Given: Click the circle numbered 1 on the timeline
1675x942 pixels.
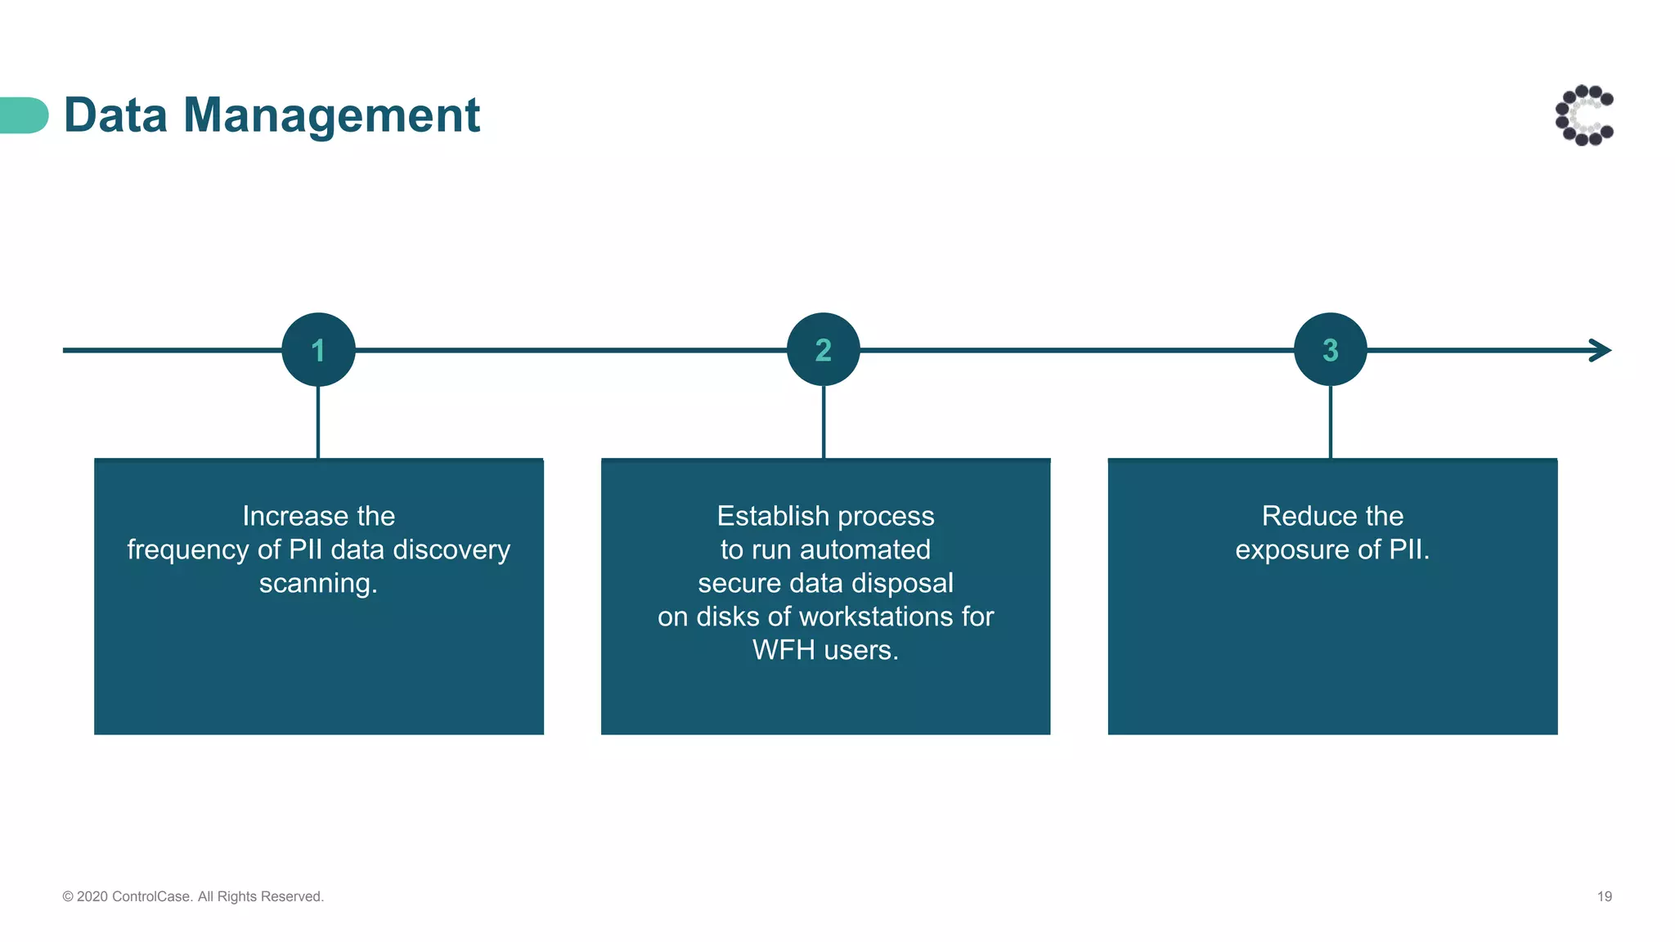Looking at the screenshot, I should [318, 350].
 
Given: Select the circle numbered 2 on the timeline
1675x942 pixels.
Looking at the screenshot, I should [823, 350].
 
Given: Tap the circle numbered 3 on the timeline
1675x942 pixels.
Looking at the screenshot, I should [1330, 350].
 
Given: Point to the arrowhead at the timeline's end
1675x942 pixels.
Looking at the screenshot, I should [1601, 350].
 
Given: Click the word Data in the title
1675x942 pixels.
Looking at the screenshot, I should [115, 115].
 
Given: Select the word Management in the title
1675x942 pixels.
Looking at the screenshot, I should [331, 115].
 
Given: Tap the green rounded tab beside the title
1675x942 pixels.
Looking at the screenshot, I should [24, 115].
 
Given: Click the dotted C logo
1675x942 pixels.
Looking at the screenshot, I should [1584, 115].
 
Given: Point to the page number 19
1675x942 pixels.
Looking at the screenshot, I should [1604, 897].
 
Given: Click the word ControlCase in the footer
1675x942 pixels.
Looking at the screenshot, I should [151, 897].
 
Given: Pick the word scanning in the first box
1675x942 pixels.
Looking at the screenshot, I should [317, 584].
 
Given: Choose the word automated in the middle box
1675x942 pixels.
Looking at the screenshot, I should [864, 549].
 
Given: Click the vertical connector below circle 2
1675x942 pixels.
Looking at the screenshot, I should [824, 422].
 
